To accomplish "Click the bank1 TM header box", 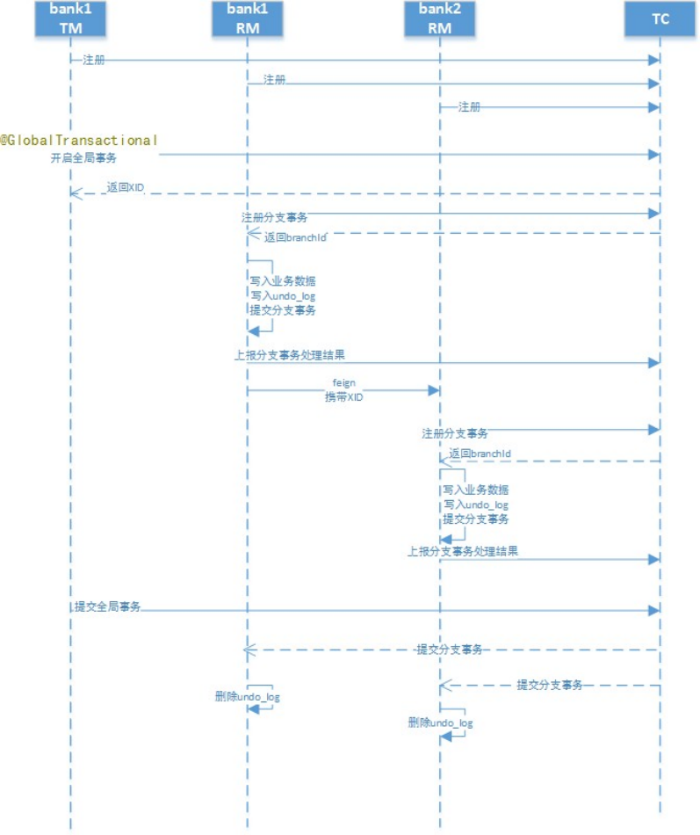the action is coord(70,18).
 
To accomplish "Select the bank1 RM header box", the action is coord(248,18).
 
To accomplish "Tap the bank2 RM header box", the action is coord(440,18).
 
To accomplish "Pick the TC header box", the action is coord(660,18).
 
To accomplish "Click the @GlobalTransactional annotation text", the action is coord(79,141).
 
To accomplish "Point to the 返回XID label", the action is coord(125,187).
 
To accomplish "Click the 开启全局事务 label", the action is coord(83,157).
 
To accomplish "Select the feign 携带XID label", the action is coord(344,389).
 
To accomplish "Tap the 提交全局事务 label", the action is coord(107,606).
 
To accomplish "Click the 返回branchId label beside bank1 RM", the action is coord(295,237).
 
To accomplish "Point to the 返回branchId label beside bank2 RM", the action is coord(480,454).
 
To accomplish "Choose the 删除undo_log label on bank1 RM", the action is coord(248,696).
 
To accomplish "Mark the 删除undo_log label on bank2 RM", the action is coord(440,722).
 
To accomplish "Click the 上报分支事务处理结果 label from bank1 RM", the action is coord(290,355).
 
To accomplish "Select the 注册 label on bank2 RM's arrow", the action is coord(469,107).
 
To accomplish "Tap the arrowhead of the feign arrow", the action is coord(434,390).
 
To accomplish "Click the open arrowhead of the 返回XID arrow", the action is coord(76,193).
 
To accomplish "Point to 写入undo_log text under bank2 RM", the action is coord(476,505).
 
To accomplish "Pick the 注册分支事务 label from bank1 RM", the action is coord(274,217).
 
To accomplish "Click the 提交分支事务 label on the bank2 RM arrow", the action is coord(549,685).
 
